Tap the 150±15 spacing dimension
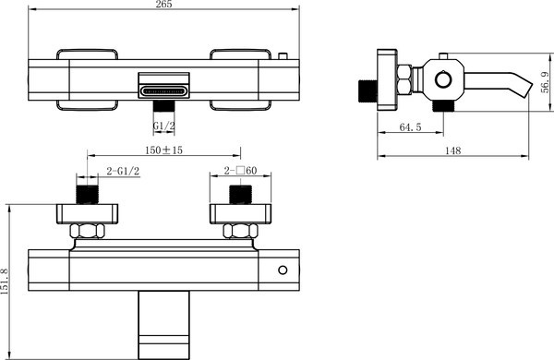[163, 150]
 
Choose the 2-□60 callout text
[242, 172]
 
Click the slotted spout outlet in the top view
[164, 90]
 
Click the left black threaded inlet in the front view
[86, 195]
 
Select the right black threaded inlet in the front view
[241, 195]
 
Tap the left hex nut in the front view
[86, 231]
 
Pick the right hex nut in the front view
[241, 231]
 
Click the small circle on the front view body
[283, 270]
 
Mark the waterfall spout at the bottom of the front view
[163, 324]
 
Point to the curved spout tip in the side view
[522, 89]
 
